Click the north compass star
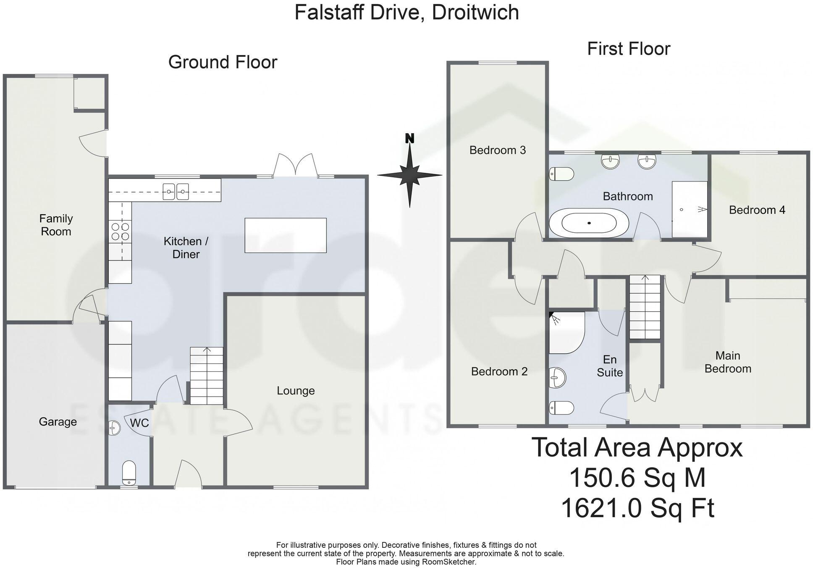pos(409,174)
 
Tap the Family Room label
pos(56,225)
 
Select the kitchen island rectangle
pos(286,235)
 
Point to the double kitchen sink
pos(176,192)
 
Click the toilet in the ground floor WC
pos(129,472)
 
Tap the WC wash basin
pos(114,428)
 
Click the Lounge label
pos(296,391)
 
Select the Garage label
pos(58,422)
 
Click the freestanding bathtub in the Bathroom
pos(589,223)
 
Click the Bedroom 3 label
pos(497,150)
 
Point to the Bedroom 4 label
pos(757,210)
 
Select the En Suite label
pos(610,366)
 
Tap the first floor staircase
pos(645,307)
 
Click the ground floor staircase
pos(206,376)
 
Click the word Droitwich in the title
pos(475,12)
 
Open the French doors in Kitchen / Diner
pos(296,166)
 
